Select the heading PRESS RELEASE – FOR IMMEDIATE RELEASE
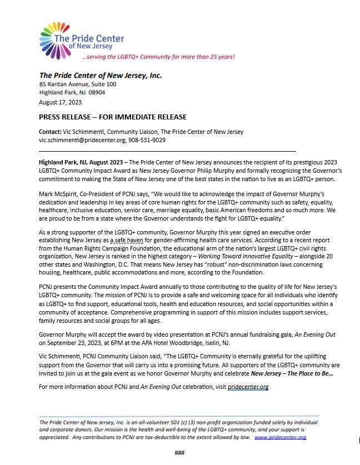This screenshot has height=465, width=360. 112,117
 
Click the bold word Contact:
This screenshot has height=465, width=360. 51,132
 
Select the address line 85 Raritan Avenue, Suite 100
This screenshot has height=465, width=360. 78,84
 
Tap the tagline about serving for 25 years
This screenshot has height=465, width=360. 158,57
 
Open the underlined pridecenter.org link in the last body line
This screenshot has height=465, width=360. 248,387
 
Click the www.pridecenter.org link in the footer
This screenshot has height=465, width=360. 280,438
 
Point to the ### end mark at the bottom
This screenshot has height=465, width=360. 179,453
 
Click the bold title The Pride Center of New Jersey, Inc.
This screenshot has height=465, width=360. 101,75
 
